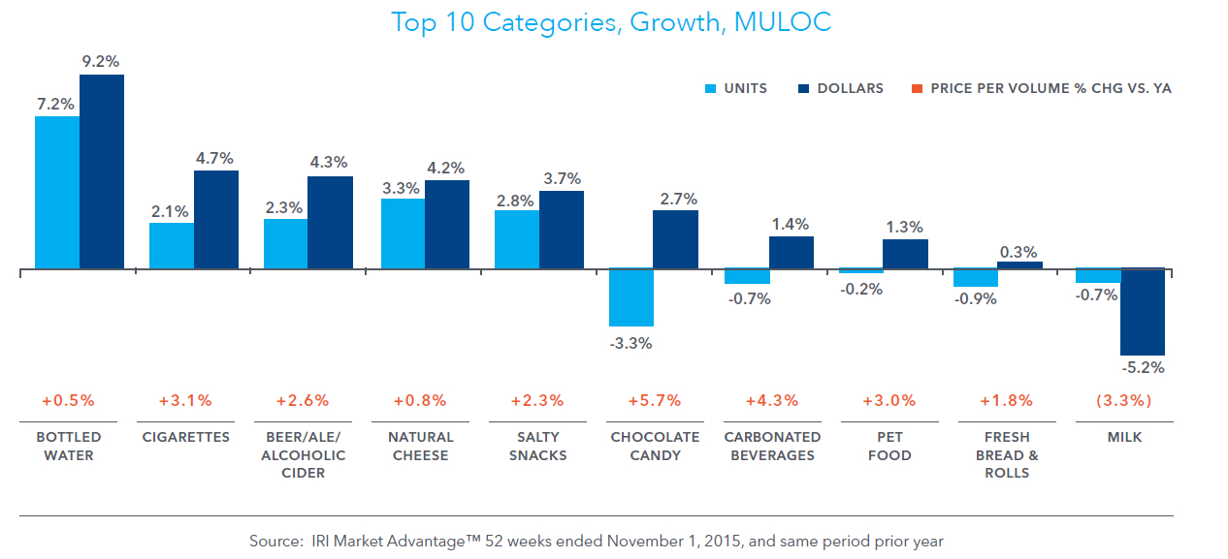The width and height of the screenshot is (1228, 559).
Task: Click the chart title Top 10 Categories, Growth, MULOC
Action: pyautogui.click(x=611, y=22)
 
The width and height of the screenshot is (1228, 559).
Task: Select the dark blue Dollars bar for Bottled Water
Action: pyautogui.click(x=102, y=171)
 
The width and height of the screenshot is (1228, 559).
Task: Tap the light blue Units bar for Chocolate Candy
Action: pyautogui.click(x=630, y=297)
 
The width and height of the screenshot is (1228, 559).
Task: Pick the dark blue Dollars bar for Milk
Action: pyautogui.click(x=1142, y=312)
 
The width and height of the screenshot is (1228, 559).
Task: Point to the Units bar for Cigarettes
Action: pyautogui.click(x=171, y=246)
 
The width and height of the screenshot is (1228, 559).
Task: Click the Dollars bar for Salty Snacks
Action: pyautogui.click(x=562, y=230)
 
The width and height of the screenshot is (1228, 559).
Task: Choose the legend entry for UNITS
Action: pyautogui.click(x=736, y=88)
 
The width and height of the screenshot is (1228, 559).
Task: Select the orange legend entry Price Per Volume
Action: pyautogui.click(x=1042, y=88)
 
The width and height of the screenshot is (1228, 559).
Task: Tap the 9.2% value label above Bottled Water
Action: pyautogui.click(x=101, y=61)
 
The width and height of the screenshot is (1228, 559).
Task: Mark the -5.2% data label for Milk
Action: pyautogui.click(x=1143, y=368)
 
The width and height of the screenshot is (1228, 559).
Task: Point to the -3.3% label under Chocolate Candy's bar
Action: pyautogui.click(x=630, y=343)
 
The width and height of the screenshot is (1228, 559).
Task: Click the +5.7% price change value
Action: pyautogui.click(x=655, y=400)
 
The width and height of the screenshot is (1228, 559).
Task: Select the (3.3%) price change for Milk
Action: pyautogui.click(x=1124, y=400)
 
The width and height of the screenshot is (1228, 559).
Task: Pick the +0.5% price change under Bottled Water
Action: pyautogui.click(x=68, y=400)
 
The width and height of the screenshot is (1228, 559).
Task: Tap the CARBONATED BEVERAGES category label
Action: pyautogui.click(x=773, y=446)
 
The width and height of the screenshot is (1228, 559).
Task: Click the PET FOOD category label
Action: pyautogui.click(x=889, y=446)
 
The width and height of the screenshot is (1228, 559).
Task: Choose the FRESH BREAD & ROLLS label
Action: pyautogui.click(x=1007, y=454)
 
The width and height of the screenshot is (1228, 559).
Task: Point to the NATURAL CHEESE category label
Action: pyautogui.click(x=420, y=446)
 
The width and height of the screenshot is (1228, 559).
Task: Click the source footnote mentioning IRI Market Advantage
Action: pyautogui.click(x=597, y=541)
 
